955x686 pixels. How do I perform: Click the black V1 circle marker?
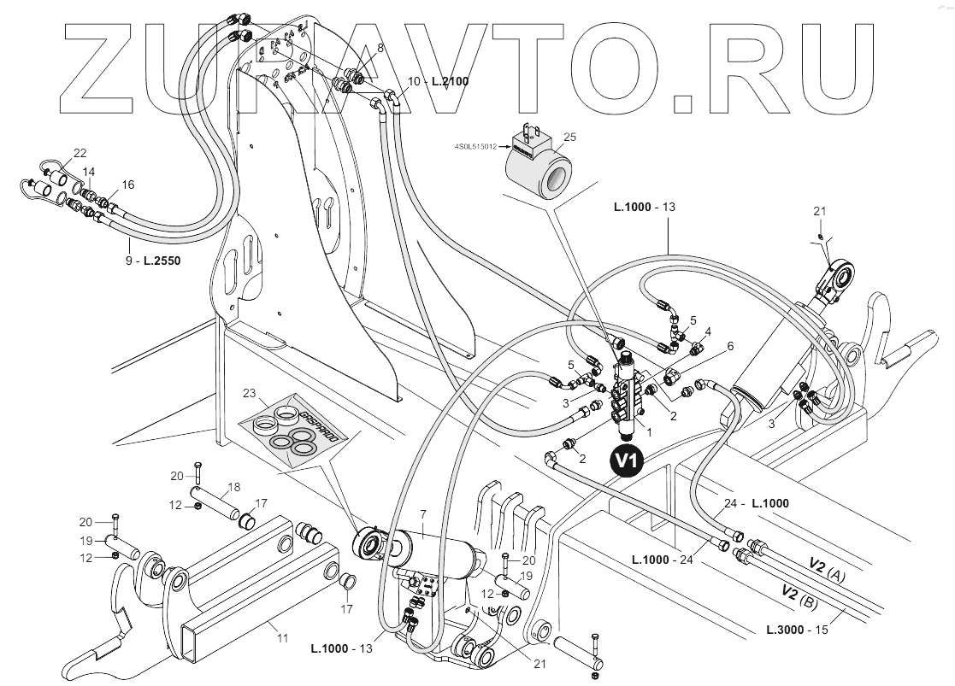click(x=628, y=460)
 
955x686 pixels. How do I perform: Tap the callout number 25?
click(x=570, y=137)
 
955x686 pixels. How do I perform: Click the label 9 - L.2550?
click(x=154, y=256)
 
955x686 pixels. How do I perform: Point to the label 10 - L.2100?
click(x=439, y=81)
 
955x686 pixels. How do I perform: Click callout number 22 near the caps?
click(x=80, y=153)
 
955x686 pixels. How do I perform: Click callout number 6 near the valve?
click(x=730, y=346)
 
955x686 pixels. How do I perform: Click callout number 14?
click(x=89, y=173)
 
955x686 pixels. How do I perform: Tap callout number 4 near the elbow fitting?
click(x=708, y=331)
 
